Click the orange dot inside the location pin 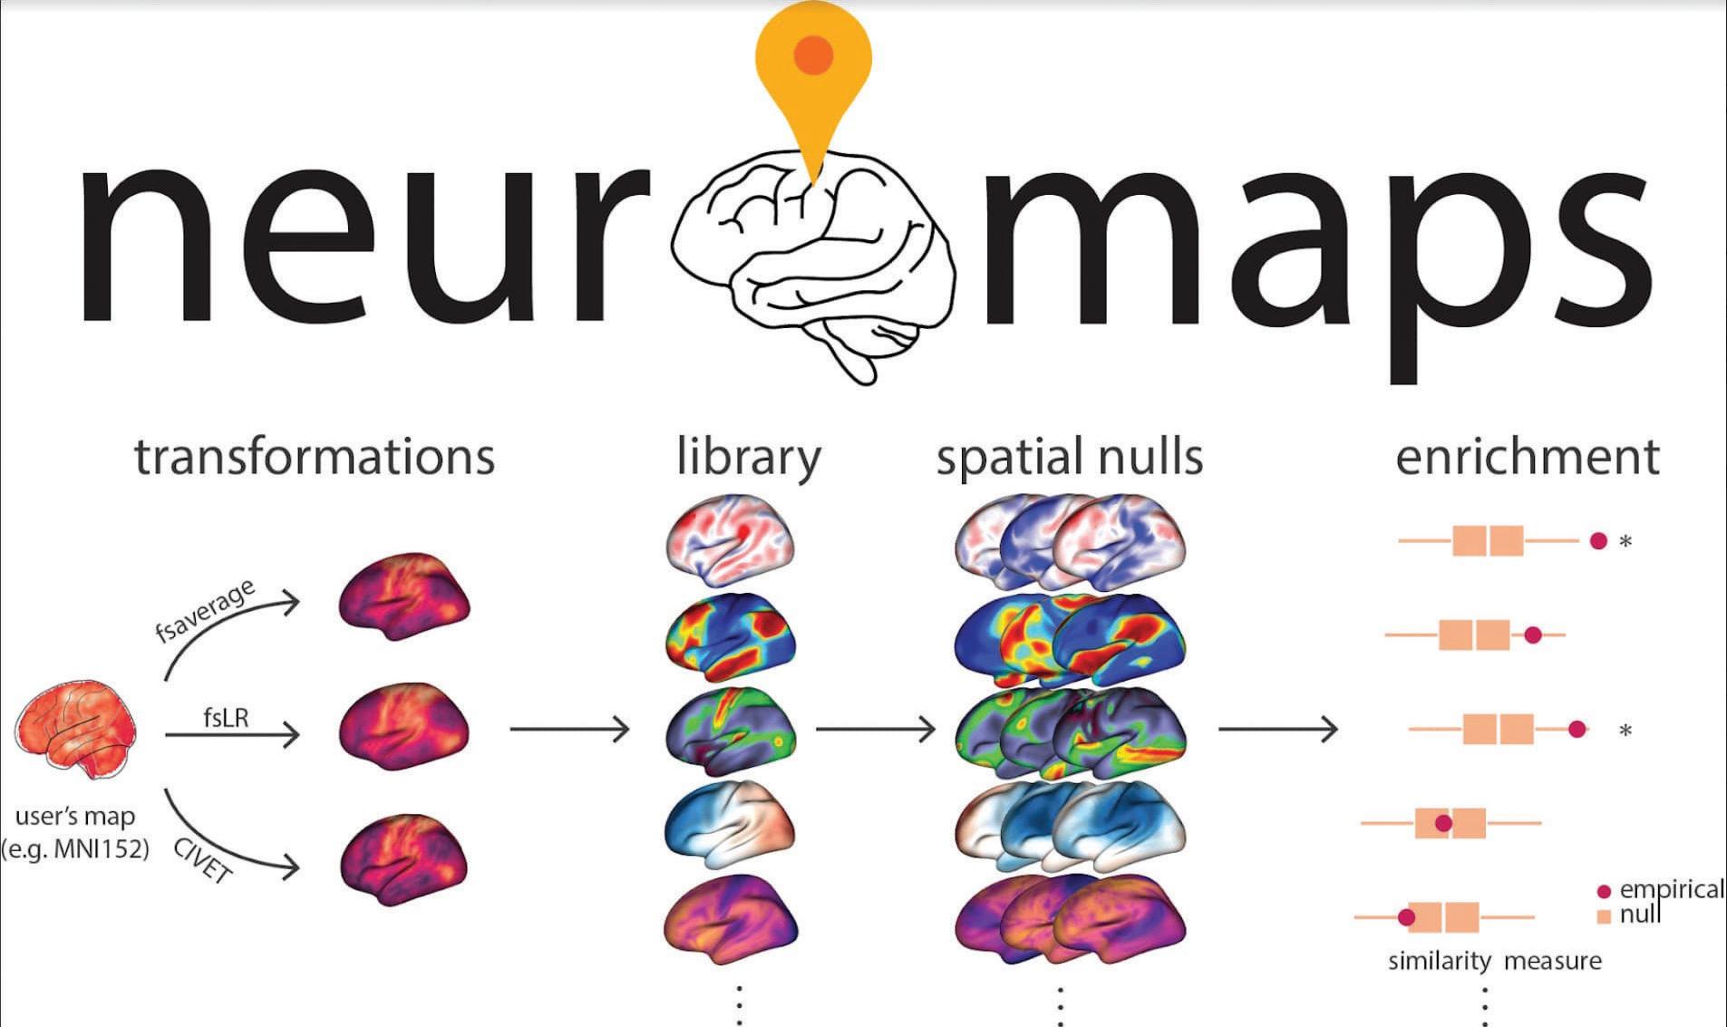click(x=813, y=54)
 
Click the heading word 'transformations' click(x=315, y=456)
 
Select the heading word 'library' click(x=748, y=456)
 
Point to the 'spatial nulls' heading click(x=1070, y=456)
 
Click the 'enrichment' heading click(x=1527, y=456)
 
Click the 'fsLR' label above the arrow click(x=226, y=718)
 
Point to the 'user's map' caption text click(x=75, y=816)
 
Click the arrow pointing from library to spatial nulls click(x=875, y=728)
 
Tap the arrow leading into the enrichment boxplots click(x=1277, y=728)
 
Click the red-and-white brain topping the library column click(x=731, y=538)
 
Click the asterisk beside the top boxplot click(x=1625, y=542)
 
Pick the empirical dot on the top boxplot click(x=1598, y=541)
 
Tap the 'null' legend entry click(x=1640, y=914)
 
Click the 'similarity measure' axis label click(x=1494, y=961)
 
